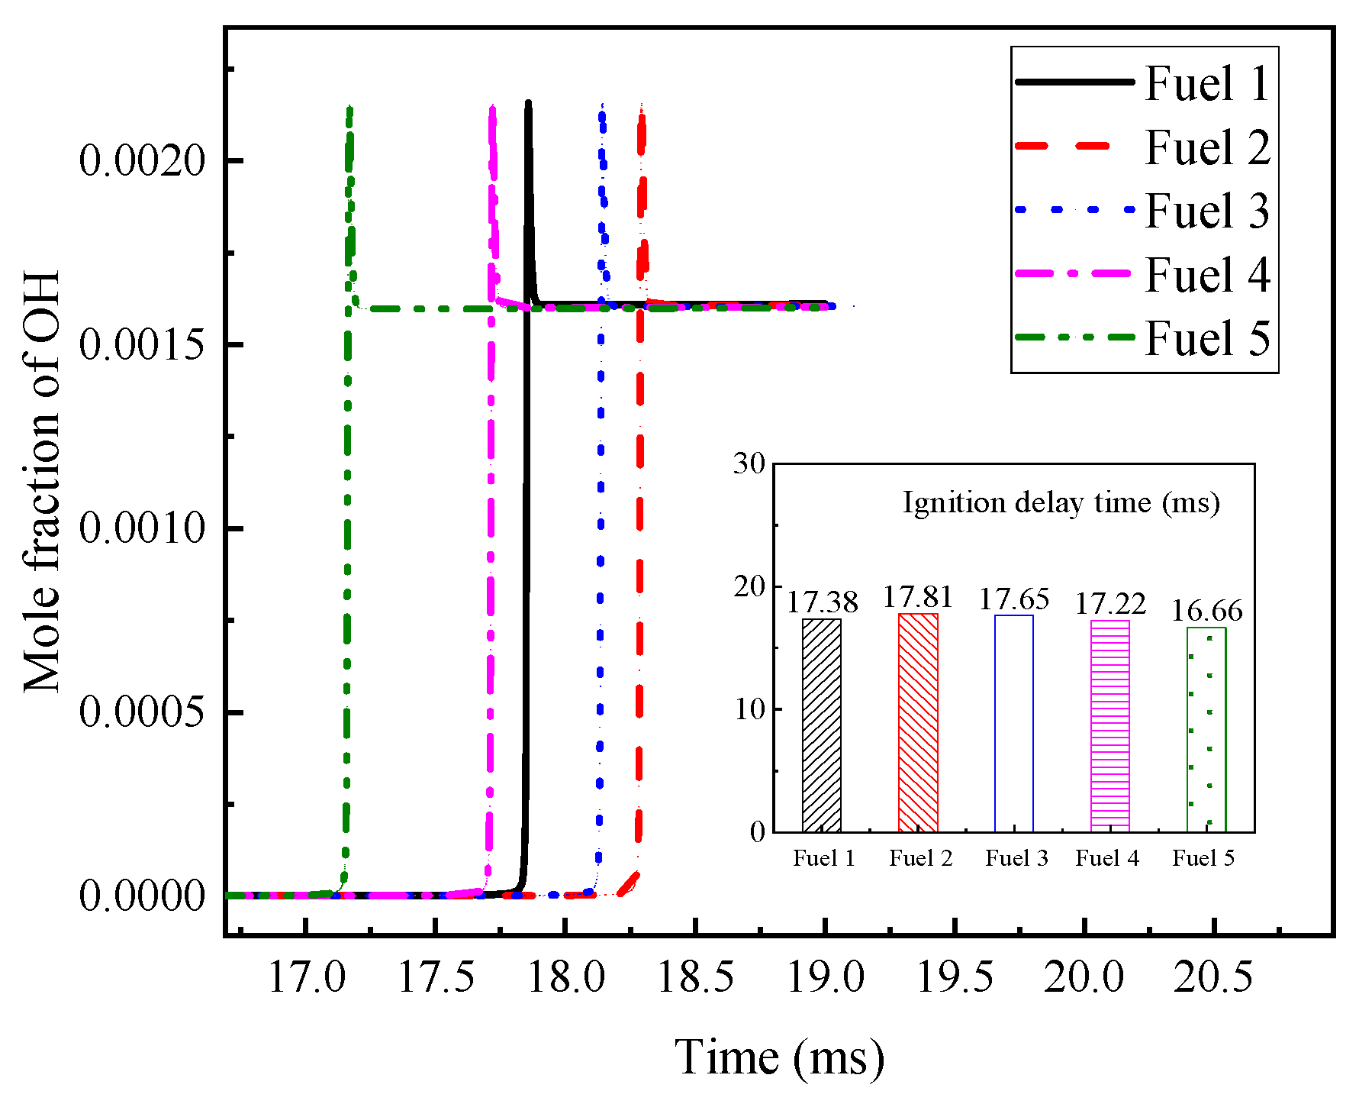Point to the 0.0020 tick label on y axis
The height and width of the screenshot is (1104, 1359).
tap(143, 161)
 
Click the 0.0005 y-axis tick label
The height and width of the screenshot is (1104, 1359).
tap(143, 712)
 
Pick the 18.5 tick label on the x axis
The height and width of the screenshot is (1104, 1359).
tap(695, 978)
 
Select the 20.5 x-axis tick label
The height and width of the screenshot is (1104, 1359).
tap(1213, 978)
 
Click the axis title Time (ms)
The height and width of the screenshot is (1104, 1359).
tap(779, 1057)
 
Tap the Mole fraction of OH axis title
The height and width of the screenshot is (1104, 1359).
tap(42, 481)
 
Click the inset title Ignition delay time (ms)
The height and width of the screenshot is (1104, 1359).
tap(1061, 502)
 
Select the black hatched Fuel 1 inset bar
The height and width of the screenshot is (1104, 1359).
tap(822, 725)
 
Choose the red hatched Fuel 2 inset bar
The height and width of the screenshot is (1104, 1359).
tap(918, 722)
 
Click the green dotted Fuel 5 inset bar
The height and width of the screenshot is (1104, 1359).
tap(1206, 730)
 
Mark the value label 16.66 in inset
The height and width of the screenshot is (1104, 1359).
tap(1206, 611)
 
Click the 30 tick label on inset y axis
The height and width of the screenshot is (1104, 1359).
tap(749, 463)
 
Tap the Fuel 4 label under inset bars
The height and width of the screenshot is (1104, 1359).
tap(1107, 859)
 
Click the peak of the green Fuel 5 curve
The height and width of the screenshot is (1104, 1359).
tap(349, 108)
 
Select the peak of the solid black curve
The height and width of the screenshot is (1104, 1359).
tap(527, 102)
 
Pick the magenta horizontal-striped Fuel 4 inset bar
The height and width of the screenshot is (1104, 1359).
tap(1110, 726)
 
